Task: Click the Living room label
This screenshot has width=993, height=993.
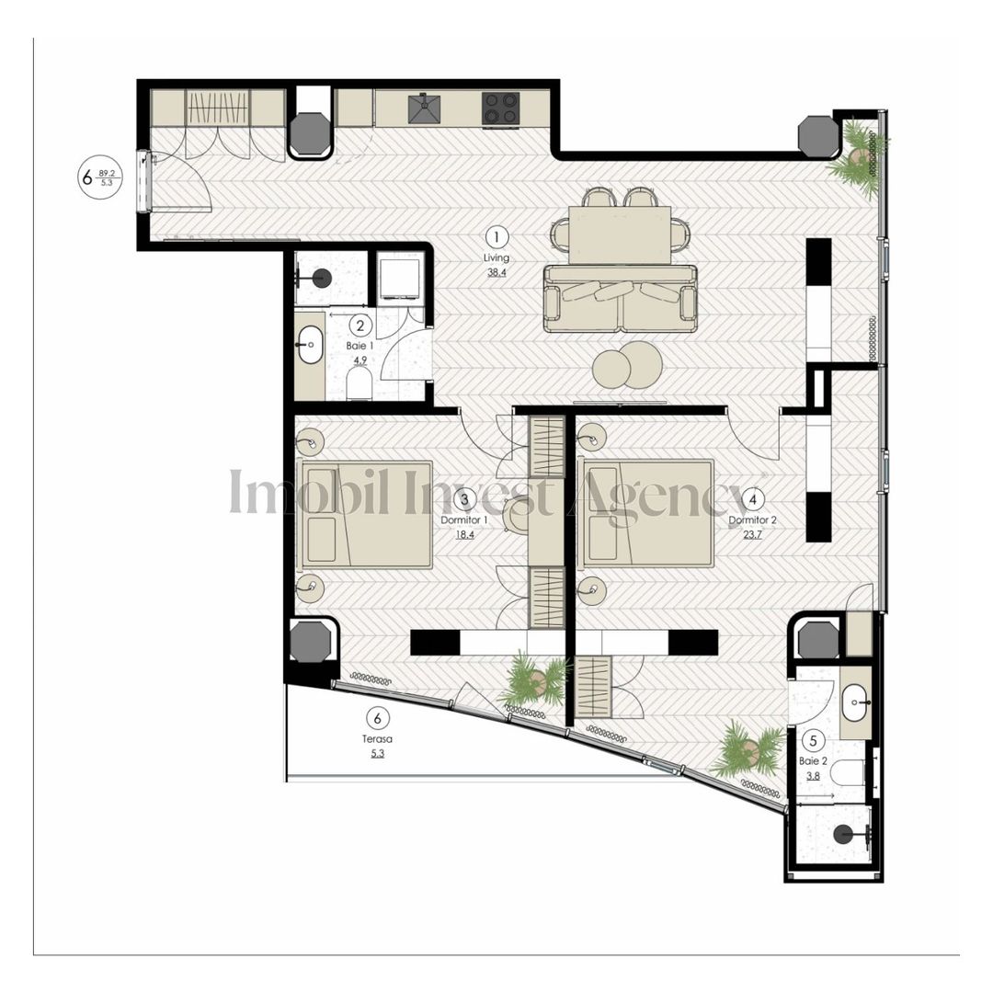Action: click(496, 258)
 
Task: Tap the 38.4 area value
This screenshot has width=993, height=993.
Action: click(496, 273)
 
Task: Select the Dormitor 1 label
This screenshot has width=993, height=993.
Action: click(464, 519)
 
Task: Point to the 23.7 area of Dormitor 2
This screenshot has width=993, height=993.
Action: click(753, 533)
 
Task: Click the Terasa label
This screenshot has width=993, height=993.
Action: click(377, 738)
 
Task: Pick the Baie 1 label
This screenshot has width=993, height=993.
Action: click(359, 346)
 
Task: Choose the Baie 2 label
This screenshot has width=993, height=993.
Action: click(813, 760)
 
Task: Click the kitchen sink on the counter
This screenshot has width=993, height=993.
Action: click(424, 109)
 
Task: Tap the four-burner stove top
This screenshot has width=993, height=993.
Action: click(501, 108)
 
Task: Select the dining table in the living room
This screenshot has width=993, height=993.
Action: click(620, 234)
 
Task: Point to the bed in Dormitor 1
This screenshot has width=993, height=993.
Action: click(367, 514)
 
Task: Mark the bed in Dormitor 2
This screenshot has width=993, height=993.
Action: click(649, 514)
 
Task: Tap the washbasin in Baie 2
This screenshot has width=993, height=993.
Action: click(857, 703)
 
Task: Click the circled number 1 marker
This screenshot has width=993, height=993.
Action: click(496, 235)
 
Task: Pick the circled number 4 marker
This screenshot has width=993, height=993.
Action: click(753, 499)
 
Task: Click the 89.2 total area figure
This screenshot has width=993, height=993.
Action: click(108, 171)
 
